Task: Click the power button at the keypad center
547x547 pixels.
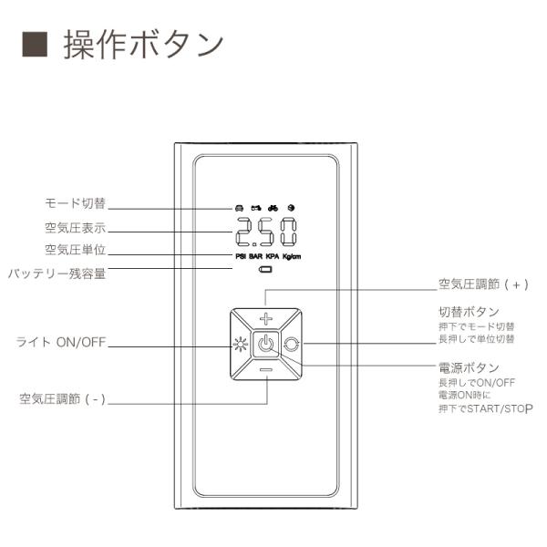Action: click(x=266, y=345)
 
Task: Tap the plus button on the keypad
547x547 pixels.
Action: click(x=266, y=319)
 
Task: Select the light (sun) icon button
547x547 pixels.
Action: click(x=241, y=345)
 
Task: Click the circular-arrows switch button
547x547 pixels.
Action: click(x=292, y=345)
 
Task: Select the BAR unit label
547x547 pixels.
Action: click(x=257, y=257)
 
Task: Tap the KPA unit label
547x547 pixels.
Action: click(x=273, y=257)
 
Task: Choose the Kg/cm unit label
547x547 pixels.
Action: click(x=292, y=257)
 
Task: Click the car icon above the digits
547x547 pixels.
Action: click(x=239, y=208)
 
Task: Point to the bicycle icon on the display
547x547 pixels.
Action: click(x=273, y=208)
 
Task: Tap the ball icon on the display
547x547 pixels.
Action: click(x=291, y=208)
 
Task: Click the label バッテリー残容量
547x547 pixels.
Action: click(x=57, y=273)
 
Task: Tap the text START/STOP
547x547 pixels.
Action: click(x=493, y=408)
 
